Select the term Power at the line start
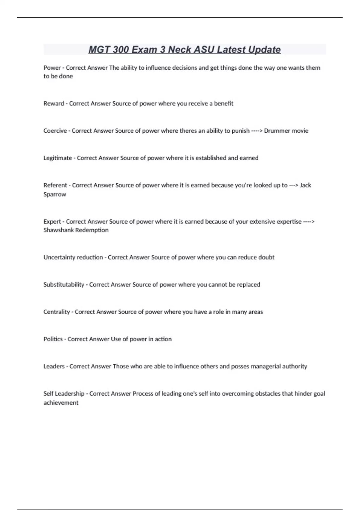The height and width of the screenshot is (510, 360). [x=52, y=68]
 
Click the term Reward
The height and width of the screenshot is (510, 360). [x=54, y=103]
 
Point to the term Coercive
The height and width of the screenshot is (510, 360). [x=55, y=131]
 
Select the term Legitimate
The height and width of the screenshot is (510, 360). [x=58, y=158]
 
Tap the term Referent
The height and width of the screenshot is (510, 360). [x=55, y=185]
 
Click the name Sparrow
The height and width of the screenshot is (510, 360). [x=55, y=194]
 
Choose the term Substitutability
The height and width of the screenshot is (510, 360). [x=64, y=285]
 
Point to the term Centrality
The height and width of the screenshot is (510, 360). [x=56, y=312]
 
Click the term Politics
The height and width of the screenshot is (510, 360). [x=53, y=339]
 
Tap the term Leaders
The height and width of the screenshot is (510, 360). [x=54, y=366]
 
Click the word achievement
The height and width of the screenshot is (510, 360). [x=61, y=403]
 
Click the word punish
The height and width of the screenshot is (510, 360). [x=241, y=131]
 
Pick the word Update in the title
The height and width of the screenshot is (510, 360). [x=264, y=49]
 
